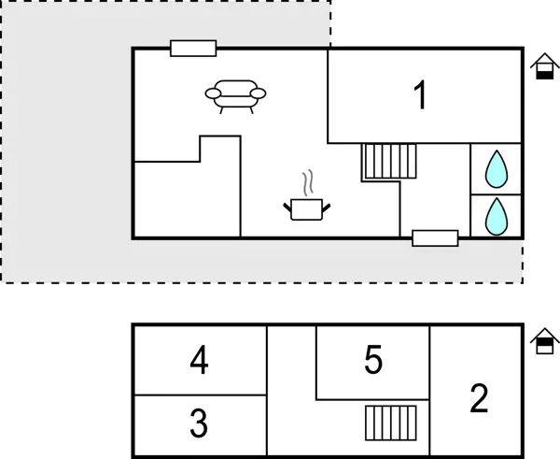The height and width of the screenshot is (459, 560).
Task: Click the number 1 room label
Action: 421,94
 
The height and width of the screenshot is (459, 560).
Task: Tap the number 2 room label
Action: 479,398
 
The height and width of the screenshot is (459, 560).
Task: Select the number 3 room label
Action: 199,423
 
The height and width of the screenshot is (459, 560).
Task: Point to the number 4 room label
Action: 199,360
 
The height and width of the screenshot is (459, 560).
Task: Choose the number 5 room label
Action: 373,359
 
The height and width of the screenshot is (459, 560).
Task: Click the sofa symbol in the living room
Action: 235,96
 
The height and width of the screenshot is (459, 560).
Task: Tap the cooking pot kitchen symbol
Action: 307,209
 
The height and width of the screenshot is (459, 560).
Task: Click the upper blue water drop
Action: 497,169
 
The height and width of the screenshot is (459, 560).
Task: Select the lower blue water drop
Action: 497,217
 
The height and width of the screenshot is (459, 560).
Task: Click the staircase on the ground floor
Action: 391,161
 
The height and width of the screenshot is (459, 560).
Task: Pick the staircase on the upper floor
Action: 391,423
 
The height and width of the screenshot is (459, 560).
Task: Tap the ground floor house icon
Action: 545,65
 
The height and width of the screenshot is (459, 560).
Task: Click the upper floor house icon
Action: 545,340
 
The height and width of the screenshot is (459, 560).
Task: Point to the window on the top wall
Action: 193,49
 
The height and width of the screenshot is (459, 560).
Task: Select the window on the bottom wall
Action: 435,238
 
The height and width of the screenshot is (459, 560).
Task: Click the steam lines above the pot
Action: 308,182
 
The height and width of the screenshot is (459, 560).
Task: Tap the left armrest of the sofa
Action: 213,93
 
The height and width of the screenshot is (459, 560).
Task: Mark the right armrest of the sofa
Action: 258,93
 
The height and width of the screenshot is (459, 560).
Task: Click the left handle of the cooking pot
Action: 287,208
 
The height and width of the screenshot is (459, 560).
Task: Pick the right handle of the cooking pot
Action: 327,208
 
